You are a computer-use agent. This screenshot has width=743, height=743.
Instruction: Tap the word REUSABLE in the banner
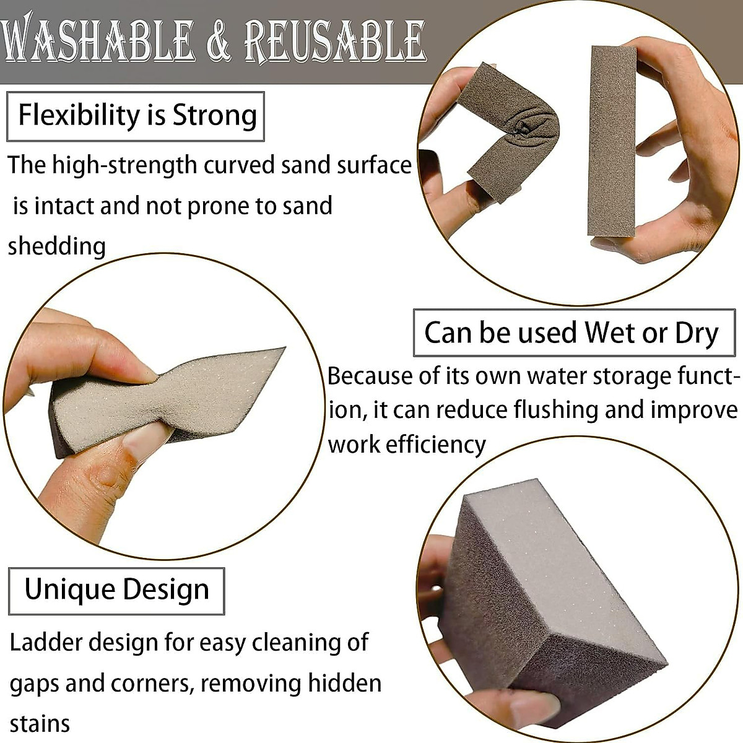[334, 41]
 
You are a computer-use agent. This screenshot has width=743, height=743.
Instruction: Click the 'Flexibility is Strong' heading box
[136, 116]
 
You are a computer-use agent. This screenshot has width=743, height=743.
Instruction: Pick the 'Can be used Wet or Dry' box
[573, 333]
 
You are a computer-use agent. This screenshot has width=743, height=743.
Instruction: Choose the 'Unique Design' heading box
[116, 591]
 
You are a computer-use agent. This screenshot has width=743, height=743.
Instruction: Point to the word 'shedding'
[57, 246]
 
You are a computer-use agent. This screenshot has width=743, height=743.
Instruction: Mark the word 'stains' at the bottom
[40, 723]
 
